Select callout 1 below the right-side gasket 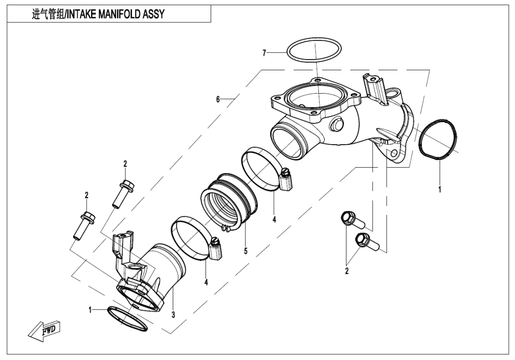pos(440,191)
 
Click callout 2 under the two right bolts pos(347,271)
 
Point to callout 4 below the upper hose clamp pos(274,218)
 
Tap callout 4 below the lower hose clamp pos(206,283)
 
